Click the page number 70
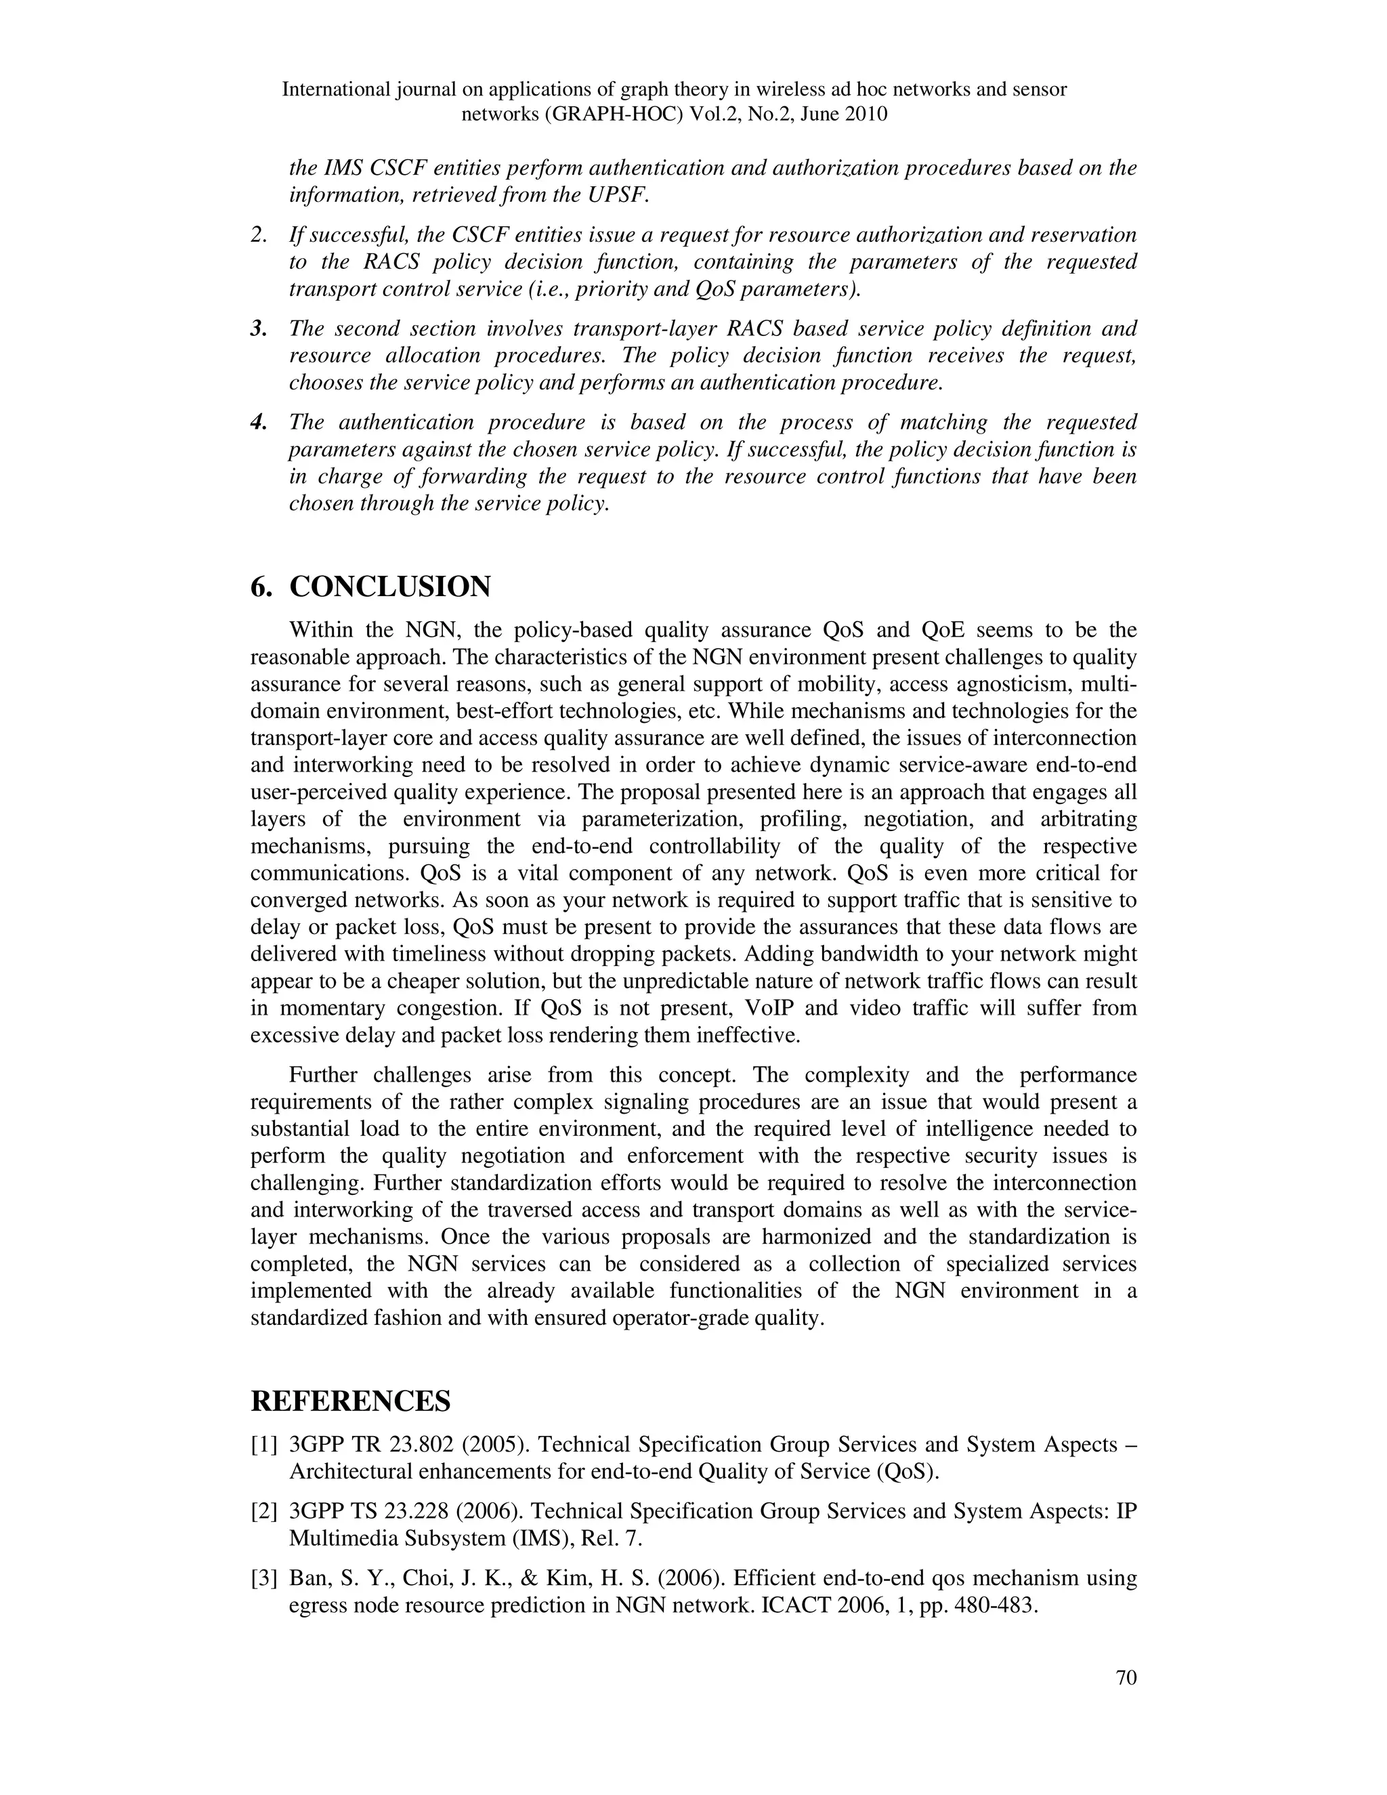pos(1126,1677)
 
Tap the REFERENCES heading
pos(351,1401)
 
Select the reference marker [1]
pos(265,1445)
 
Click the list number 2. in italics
pos(259,236)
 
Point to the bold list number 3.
pos(259,329)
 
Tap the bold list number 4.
pos(259,423)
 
